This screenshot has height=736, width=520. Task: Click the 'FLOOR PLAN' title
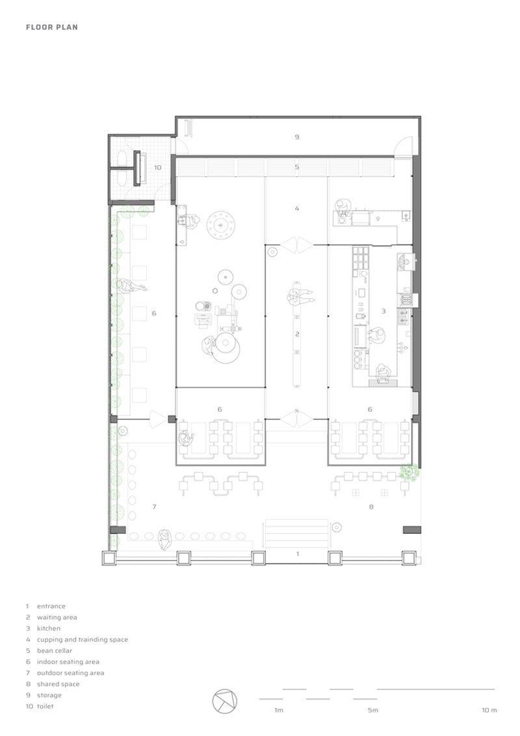[51, 27]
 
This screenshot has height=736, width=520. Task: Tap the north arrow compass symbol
[225, 702]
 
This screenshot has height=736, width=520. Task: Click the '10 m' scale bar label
[489, 710]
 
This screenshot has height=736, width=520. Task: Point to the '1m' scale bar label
[279, 710]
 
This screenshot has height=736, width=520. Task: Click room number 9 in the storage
[296, 137]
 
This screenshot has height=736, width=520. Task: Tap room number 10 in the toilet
[158, 168]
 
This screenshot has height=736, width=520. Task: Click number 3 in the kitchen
[383, 311]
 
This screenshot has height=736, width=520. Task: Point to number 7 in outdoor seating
[155, 506]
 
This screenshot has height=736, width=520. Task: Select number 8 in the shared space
[370, 506]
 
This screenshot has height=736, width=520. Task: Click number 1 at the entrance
[297, 554]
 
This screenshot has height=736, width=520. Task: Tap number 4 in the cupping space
[296, 209]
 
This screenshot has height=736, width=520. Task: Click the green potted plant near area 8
[409, 471]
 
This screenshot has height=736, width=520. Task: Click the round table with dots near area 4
[221, 226]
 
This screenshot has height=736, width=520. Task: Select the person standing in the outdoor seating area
[164, 540]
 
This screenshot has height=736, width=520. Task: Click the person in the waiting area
[300, 297]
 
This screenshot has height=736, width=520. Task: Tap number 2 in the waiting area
[297, 334]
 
